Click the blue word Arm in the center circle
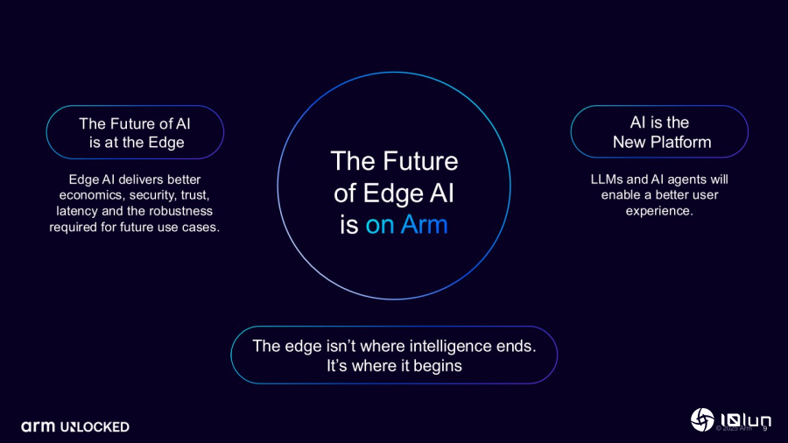click(424, 224)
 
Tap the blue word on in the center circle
click(380, 226)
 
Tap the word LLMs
click(607, 179)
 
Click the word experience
click(659, 212)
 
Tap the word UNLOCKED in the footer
click(95, 427)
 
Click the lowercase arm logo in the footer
click(38, 427)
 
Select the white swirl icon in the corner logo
click(702, 419)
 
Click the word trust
click(195, 195)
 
